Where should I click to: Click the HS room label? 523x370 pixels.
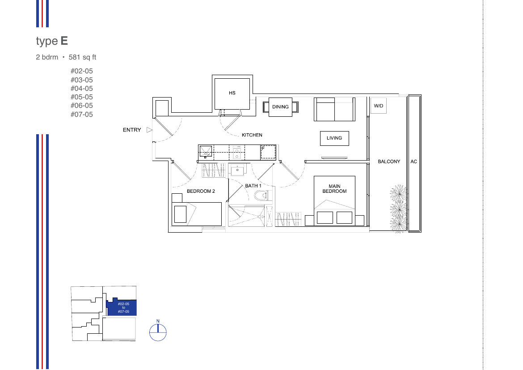(232, 93)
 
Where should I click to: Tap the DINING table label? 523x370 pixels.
(280, 107)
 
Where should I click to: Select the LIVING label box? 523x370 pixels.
(334, 138)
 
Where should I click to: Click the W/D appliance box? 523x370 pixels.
(379, 106)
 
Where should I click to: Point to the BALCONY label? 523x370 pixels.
(389, 162)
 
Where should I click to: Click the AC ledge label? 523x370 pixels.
(413, 162)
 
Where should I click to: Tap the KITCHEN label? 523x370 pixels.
(252, 135)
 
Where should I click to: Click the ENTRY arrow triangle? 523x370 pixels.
(149, 130)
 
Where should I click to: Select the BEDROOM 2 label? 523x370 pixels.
(201, 191)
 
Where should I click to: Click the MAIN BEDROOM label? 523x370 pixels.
(334, 189)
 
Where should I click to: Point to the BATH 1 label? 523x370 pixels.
(253, 186)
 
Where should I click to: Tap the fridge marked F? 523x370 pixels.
(268, 152)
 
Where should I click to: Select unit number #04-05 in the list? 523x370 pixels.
(82, 89)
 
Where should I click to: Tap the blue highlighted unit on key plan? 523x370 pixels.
(122, 307)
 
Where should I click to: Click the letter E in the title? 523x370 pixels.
(64, 41)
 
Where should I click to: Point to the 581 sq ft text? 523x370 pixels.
(82, 57)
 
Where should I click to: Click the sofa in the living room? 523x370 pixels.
(334, 109)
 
